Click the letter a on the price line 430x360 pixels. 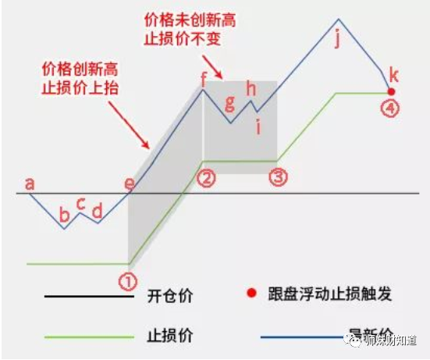[x=30, y=184]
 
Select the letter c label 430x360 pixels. [x=81, y=204]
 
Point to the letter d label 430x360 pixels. [x=97, y=210]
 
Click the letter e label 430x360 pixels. [x=130, y=184]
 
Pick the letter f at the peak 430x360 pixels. [x=204, y=78]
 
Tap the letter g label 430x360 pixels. [x=229, y=102]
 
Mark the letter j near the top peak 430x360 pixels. [x=337, y=38]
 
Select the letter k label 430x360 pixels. [x=393, y=75]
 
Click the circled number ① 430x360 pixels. [x=128, y=280]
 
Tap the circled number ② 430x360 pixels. [x=206, y=178]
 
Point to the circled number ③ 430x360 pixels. [x=278, y=177]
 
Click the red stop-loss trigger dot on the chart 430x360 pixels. [x=391, y=91]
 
